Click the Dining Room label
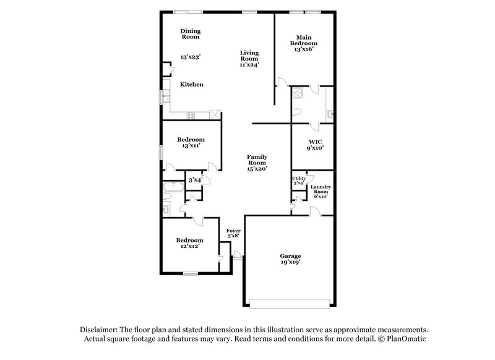(191, 33)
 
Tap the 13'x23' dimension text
(191, 56)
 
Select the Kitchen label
(192, 84)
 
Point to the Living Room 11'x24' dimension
(249, 64)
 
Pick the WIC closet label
(314, 142)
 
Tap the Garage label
(290, 255)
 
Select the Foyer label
(233, 231)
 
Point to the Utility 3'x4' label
(298, 180)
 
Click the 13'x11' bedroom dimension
(190, 146)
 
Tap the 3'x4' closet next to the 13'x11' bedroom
(195, 180)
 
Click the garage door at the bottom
(289, 302)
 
